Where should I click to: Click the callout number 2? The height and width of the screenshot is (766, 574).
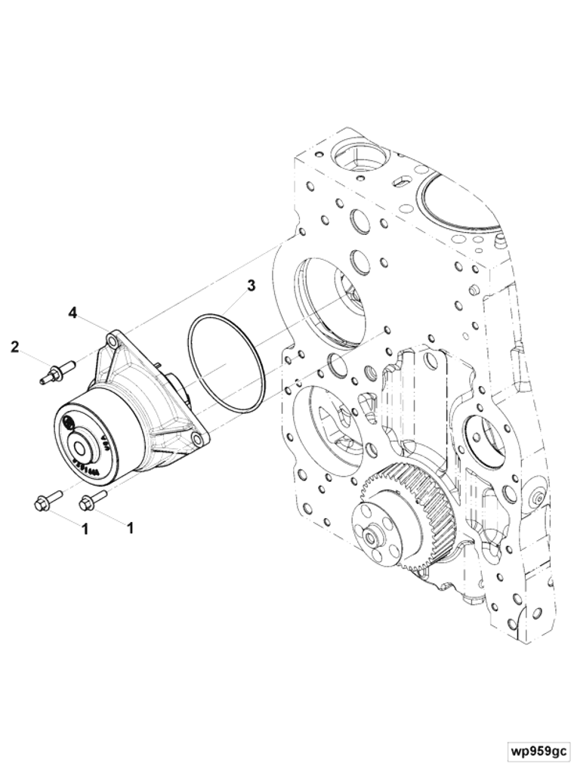[x=14, y=347]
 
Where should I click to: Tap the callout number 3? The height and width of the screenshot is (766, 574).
[x=251, y=286]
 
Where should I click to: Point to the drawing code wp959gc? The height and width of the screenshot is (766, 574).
[x=538, y=751]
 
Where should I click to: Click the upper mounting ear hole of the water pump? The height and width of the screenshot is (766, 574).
[x=113, y=342]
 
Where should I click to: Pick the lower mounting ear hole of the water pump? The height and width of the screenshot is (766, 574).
[x=197, y=438]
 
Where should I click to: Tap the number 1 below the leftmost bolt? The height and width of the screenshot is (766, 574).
[x=85, y=530]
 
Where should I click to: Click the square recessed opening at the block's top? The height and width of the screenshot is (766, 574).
[x=360, y=159]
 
